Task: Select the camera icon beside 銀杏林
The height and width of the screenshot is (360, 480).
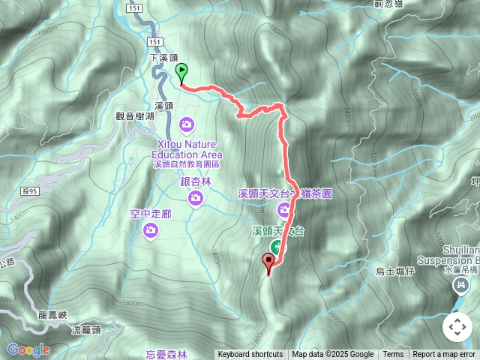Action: pos(195,197)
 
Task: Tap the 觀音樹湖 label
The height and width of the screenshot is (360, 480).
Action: pos(134,116)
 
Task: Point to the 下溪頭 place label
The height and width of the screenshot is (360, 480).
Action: pos(163,58)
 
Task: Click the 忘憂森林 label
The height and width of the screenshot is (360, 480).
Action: pos(167,354)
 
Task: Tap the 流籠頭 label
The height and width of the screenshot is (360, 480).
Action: pos(87,330)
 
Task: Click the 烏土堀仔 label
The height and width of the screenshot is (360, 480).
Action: pos(395,271)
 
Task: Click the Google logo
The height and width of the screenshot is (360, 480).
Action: pos(28,349)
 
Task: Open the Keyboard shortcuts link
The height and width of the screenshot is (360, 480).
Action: pos(250,355)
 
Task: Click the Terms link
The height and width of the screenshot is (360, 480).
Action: pos(393,355)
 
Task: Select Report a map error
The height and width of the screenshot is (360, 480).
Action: pos(444,355)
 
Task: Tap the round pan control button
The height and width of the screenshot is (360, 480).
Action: pos(457,327)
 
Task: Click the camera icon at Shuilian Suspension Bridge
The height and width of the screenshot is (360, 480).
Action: pos(459,285)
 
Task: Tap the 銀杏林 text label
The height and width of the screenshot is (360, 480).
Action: pos(196,181)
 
